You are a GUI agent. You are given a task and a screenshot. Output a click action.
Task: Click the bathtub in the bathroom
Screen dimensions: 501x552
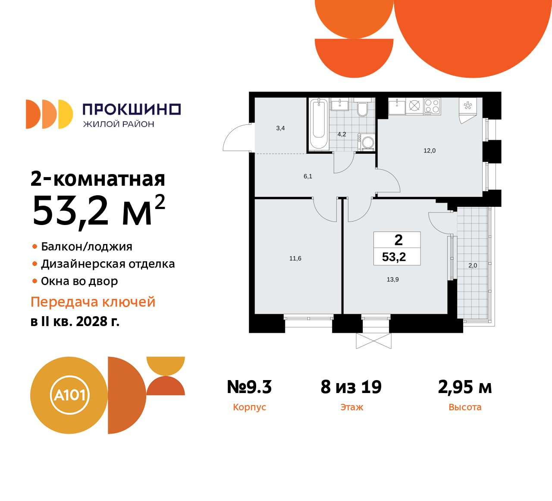tap(319, 124)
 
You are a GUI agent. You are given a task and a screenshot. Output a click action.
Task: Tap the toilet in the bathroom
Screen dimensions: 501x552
tap(362, 110)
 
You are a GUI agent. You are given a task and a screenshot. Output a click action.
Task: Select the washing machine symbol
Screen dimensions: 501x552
tap(367, 142)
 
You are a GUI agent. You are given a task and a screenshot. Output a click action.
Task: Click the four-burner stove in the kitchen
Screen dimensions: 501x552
tap(432, 106)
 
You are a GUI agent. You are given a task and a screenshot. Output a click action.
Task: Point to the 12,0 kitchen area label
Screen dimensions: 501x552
tap(430, 151)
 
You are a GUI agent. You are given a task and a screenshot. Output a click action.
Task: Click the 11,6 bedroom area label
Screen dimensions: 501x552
tap(295, 258)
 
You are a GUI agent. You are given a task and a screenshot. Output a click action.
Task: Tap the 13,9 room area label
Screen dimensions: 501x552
tap(393, 279)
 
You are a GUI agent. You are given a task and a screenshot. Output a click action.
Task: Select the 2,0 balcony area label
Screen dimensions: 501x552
tap(473, 265)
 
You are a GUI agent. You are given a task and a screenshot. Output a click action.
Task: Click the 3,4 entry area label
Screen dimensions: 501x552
tap(280, 128)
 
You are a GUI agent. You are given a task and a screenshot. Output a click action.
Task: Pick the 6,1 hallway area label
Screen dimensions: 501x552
tap(308, 176)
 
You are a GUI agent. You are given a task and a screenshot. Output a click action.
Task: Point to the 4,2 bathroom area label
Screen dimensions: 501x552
tap(342, 134)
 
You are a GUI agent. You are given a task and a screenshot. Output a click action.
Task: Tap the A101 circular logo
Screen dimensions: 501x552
tap(69, 395)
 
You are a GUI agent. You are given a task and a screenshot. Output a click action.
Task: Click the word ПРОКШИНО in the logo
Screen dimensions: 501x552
tap(132, 109)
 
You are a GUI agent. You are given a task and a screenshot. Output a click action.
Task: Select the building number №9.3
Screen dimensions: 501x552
tap(249, 387)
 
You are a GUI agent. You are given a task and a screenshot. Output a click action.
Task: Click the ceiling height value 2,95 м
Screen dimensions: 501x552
tap(465, 387)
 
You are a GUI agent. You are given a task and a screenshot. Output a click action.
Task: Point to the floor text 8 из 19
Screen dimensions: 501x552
tap(351, 387)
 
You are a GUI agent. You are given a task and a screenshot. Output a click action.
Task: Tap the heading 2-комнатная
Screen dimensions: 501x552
tap(98, 178)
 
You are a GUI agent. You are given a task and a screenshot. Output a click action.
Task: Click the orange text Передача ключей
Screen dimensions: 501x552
tap(93, 302)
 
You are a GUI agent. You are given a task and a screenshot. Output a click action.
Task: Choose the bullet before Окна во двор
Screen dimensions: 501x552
tap(35, 281)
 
